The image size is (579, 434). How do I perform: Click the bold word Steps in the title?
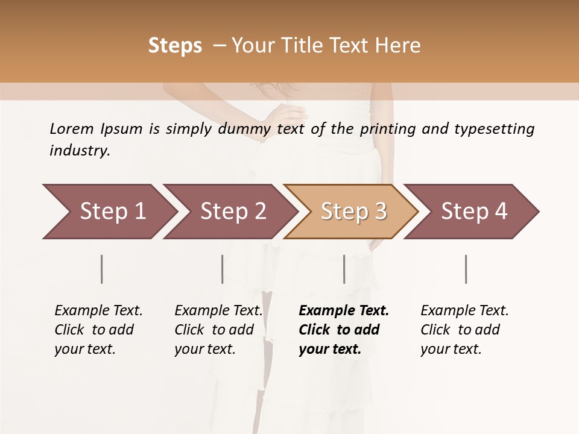175,46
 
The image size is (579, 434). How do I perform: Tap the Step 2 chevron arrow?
233,212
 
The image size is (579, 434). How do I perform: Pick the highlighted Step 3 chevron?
353,212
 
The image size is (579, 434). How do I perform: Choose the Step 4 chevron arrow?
474,212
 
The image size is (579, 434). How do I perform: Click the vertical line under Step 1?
102,269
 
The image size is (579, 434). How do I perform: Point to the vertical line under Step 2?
223,269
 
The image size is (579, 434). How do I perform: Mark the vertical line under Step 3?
344,269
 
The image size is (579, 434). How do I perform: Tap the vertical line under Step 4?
466,269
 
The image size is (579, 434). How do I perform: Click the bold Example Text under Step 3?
344,310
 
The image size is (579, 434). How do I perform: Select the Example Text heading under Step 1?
98,310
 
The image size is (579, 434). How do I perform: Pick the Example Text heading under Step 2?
218,310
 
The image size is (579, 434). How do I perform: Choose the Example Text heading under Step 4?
464,310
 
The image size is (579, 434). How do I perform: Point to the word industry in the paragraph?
80,151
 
